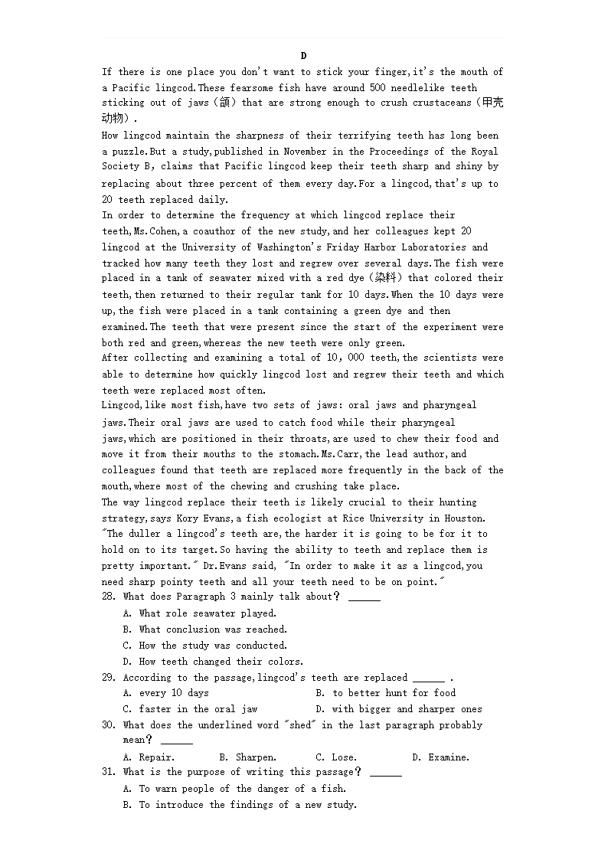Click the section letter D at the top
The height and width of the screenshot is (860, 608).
coord(304,56)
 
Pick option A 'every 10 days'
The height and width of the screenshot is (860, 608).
coord(166,693)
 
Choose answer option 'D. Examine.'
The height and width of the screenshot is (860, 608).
coord(440,757)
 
